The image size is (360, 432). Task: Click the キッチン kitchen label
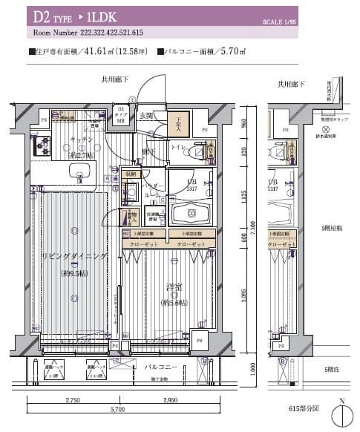(81, 139)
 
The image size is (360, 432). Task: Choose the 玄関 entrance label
(145, 116)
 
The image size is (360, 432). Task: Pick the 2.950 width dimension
(169, 402)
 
